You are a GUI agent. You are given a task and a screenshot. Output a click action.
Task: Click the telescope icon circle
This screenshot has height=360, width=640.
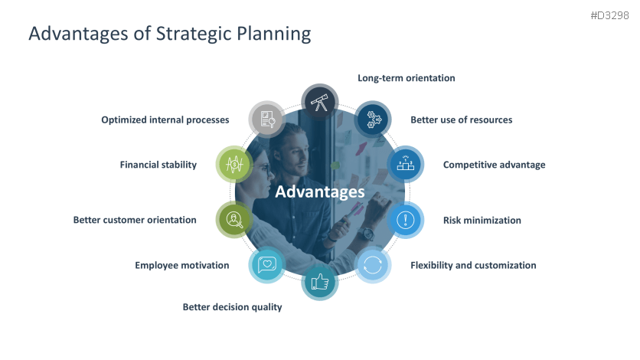pos(320,103)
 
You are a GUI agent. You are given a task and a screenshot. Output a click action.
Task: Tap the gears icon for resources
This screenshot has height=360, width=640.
pos(373,119)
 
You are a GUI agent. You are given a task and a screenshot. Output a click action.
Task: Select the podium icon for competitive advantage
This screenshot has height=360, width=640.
pos(405,164)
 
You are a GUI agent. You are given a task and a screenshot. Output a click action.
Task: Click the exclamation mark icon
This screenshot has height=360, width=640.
pos(405,220)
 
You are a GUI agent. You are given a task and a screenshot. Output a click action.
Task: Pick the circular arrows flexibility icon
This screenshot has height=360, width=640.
pos(373,265)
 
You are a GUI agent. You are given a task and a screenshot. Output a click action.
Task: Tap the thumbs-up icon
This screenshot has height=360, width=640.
pos(320,282)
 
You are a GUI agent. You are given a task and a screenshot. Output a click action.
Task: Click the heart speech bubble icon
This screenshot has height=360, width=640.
pos(267,265)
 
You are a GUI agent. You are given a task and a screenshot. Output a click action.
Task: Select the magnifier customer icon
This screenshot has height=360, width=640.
pos(234,220)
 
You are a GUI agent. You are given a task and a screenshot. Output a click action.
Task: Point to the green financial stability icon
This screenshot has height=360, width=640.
pos(234,164)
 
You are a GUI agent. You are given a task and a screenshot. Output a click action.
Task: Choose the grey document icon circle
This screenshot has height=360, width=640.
pos(267,119)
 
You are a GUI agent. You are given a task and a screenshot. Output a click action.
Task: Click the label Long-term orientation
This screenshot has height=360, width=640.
pos(406,78)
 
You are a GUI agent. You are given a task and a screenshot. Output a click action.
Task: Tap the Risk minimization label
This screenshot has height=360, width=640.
pos(482,221)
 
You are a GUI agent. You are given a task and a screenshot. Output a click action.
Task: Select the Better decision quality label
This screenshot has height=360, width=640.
pos(232,307)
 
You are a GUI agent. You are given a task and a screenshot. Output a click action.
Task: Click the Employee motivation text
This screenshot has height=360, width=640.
pos(182,265)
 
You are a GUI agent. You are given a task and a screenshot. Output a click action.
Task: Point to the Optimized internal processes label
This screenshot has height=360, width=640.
pos(165,120)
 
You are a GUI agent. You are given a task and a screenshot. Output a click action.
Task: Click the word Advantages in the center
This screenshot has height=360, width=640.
pos(320,191)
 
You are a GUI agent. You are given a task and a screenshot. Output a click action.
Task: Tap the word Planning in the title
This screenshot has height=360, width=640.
pos(274,34)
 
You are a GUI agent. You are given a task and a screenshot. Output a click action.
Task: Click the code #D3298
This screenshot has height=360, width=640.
pos(610,15)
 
